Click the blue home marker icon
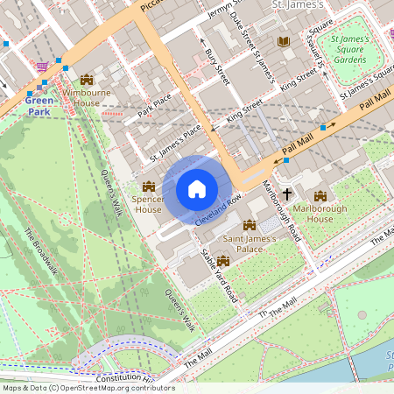pyautogui.click(x=197, y=189)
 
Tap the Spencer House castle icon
pyautogui.click(x=148, y=186)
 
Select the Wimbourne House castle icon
pyautogui.click(x=86, y=80)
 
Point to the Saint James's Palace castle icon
pyautogui.click(x=250, y=226)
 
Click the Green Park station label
pyautogui.click(x=39, y=106)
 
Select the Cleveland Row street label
pyautogui.click(x=218, y=207)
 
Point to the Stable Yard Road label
pyautogui.click(x=220, y=274)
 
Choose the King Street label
pyautogui.click(x=245, y=110)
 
